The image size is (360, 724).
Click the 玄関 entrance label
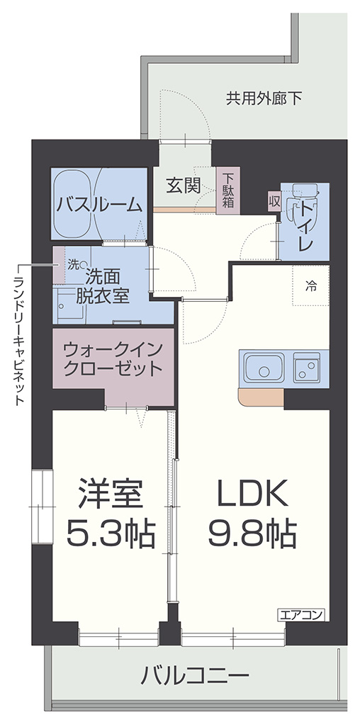(x=183, y=186)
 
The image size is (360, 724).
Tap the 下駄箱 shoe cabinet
(x=227, y=190)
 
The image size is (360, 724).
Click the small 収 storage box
(x=274, y=201)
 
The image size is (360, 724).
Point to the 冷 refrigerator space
(x=310, y=285)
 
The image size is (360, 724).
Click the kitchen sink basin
(x=264, y=368)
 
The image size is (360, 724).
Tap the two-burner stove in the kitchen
(x=307, y=368)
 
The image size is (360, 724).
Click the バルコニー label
(x=195, y=677)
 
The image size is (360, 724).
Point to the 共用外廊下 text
(x=264, y=98)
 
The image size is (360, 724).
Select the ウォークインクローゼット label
(x=113, y=358)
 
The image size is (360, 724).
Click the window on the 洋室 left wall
(x=43, y=506)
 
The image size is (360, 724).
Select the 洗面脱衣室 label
(x=102, y=286)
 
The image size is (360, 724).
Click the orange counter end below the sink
(x=261, y=397)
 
